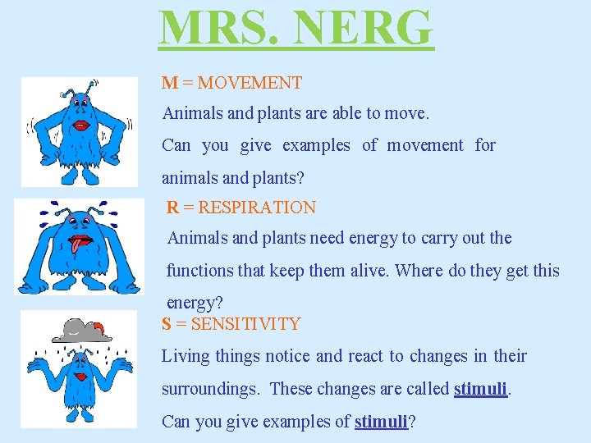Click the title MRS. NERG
[295, 28]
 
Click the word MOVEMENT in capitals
[250, 83]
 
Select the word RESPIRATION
[257, 208]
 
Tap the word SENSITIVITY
[245, 324]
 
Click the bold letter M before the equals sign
[170, 83]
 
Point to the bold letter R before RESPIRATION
[172, 208]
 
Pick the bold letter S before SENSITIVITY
[167, 324]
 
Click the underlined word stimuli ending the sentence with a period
[480, 389]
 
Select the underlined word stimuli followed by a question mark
[381, 422]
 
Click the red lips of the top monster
[83, 126]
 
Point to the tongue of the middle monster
[77, 244]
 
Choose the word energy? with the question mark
[195, 302]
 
